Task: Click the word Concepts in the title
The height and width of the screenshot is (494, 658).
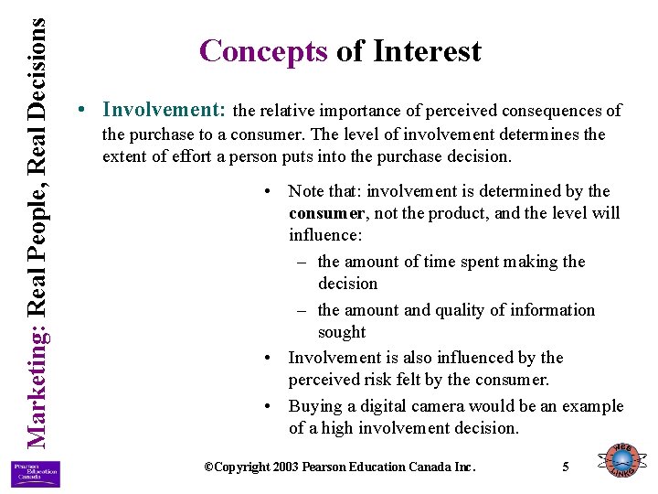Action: click(263, 51)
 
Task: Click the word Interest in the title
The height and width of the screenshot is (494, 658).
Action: click(427, 51)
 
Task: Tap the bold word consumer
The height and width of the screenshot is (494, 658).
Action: click(325, 213)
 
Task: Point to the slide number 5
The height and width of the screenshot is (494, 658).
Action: click(566, 467)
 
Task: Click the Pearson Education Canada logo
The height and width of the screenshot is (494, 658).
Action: click(36, 472)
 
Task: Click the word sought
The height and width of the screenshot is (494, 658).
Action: click(341, 332)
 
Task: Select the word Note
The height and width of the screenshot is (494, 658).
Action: click(307, 191)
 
